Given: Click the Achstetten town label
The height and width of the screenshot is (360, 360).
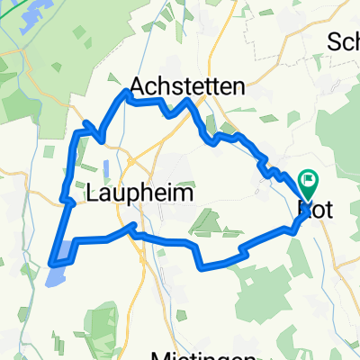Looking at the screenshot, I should click(187, 85).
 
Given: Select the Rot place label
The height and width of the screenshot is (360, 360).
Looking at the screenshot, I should click(315, 209).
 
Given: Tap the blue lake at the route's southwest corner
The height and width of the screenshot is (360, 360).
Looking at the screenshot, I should click(57, 268).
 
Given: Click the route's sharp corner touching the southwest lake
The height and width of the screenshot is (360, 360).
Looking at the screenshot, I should click(49, 262).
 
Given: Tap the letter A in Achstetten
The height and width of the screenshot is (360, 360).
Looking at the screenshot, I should click(139, 85).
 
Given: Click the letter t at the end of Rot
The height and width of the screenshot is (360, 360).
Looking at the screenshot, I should click(329, 209).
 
